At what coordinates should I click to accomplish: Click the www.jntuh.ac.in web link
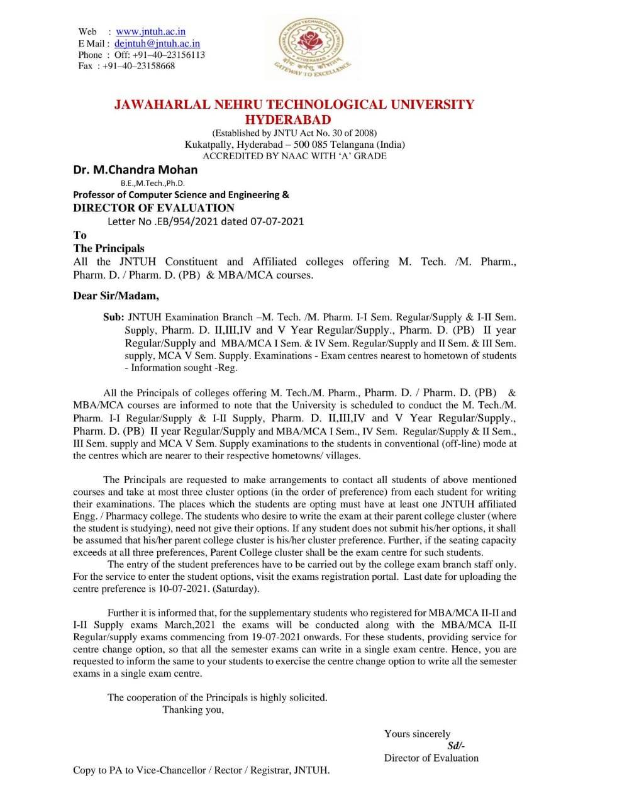[150, 31]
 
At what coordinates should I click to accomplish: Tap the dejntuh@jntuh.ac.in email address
[157, 43]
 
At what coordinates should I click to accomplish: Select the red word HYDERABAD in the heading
[287, 119]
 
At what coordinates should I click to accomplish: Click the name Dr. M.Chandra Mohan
[135, 169]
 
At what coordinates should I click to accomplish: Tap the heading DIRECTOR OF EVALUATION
[153, 208]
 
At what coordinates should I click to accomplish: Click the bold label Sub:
[114, 318]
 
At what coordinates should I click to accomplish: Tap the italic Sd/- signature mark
[456, 746]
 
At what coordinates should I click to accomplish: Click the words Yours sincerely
[417, 734]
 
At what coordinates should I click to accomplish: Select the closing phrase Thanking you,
[193, 709]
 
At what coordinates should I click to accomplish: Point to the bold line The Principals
[109, 248]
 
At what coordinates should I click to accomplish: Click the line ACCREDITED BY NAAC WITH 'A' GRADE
[294, 155]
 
